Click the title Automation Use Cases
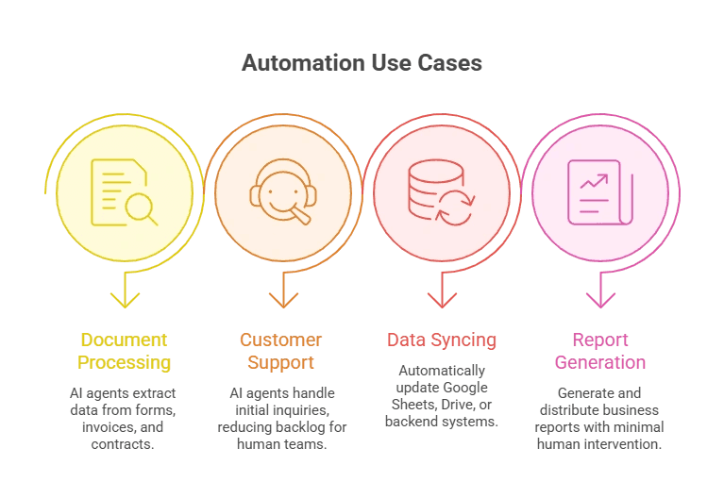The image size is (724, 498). (x=362, y=64)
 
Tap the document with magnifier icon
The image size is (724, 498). (x=124, y=192)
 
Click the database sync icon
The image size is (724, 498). (x=441, y=192)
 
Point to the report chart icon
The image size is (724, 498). (x=599, y=192)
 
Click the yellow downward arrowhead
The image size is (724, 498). (x=125, y=300)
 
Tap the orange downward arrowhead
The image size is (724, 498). (x=282, y=300)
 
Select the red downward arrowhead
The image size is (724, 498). (x=441, y=300)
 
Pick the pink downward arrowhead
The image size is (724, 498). (x=599, y=300)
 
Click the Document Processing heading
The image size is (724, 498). (x=124, y=351)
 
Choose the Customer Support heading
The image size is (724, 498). (x=281, y=351)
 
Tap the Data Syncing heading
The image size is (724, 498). (x=442, y=340)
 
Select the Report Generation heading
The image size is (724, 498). (x=600, y=351)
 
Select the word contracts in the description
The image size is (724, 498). (x=124, y=442)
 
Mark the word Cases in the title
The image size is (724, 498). (x=452, y=64)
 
